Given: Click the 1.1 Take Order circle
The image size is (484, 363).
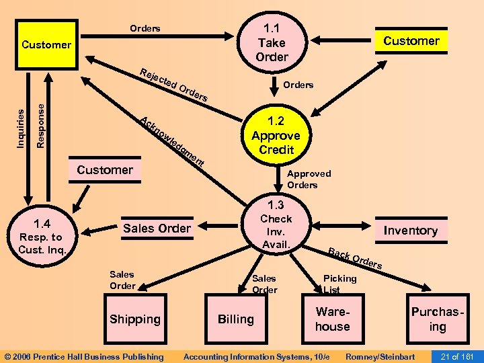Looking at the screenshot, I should point(272,42).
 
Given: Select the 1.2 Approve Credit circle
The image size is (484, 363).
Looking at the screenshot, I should point(276,135).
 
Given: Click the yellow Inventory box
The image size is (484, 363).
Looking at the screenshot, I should point(410,231).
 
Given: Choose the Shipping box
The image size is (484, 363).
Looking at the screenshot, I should point(135,319).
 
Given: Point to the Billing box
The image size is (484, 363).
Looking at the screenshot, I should point(236,319).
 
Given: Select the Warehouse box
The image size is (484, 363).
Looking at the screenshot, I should point(333,319).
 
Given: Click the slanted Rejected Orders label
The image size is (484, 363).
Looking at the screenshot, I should point(174,85).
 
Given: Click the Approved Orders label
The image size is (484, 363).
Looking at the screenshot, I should point(309,179).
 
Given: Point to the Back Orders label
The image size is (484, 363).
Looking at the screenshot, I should point(355,259).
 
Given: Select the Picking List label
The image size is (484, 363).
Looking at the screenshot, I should point(339,284).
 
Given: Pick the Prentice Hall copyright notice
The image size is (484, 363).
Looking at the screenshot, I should point(84,356).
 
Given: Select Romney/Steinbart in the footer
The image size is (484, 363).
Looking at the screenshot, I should point(380,356).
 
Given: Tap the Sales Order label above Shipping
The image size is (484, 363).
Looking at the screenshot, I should point(122,280).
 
